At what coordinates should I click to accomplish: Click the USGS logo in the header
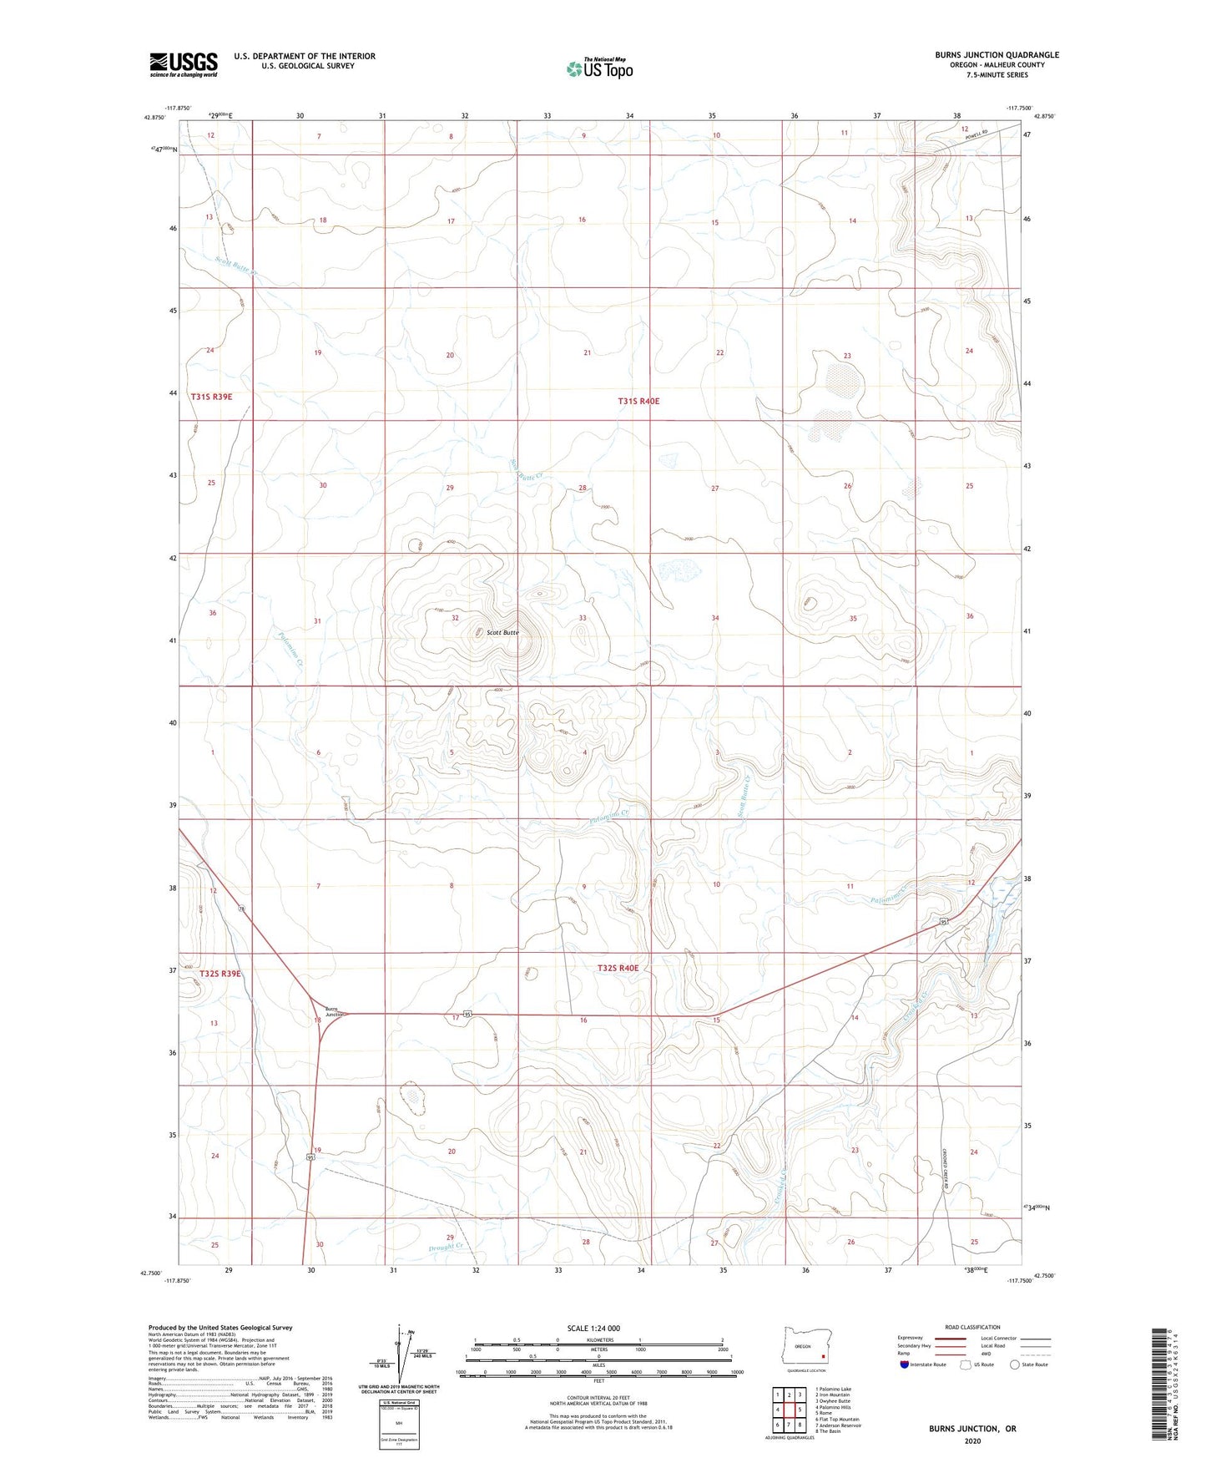183,64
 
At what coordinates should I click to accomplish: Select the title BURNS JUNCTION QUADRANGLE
997,55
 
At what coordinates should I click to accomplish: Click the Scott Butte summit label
502,632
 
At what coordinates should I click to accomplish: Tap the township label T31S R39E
211,397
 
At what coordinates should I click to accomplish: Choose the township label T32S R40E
618,968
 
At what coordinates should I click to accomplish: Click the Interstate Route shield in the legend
905,1364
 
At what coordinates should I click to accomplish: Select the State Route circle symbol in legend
1014,1364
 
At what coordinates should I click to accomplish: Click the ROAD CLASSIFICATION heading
972,1327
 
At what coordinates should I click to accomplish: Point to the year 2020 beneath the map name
972,1440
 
